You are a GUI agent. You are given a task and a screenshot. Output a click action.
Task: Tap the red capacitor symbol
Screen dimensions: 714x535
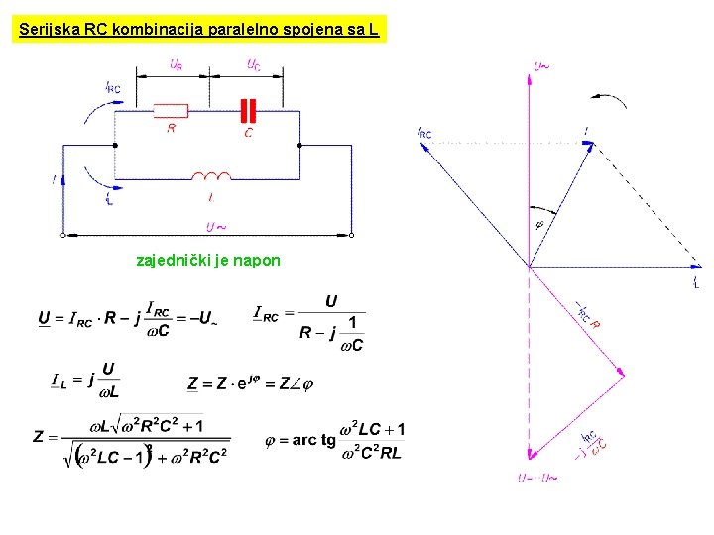pyautogui.click(x=249, y=111)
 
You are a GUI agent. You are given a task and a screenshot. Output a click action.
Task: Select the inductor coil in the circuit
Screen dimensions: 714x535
pyautogui.click(x=211, y=177)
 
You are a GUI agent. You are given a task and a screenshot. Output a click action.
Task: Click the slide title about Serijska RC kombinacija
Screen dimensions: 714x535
pyautogui.click(x=198, y=30)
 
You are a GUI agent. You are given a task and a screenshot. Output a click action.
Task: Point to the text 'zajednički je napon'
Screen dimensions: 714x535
pyautogui.click(x=208, y=261)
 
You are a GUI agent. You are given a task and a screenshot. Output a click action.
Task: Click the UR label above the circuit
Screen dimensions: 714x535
pyautogui.click(x=175, y=66)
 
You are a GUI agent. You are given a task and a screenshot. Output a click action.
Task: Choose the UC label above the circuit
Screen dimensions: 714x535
pyautogui.click(x=254, y=66)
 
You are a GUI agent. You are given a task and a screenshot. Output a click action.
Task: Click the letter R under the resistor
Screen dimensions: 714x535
pyautogui.click(x=172, y=129)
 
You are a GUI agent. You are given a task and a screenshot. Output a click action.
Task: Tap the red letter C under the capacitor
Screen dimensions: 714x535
pyautogui.click(x=248, y=132)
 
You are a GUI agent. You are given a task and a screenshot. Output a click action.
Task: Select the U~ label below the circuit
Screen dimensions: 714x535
pyautogui.click(x=215, y=227)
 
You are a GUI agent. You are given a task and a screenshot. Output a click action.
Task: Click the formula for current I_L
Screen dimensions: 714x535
pyautogui.click(x=85, y=379)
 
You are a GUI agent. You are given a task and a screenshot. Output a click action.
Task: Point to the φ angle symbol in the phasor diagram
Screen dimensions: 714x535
pyautogui.click(x=539, y=224)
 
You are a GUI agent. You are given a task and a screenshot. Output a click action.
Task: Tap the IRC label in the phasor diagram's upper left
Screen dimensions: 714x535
pyautogui.click(x=425, y=133)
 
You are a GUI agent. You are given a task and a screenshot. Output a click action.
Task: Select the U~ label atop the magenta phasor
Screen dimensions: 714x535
pyautogui.click(x=542, y=67)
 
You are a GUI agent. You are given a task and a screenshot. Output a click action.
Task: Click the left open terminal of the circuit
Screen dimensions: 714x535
pyautogui.click(x=62, y=236)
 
